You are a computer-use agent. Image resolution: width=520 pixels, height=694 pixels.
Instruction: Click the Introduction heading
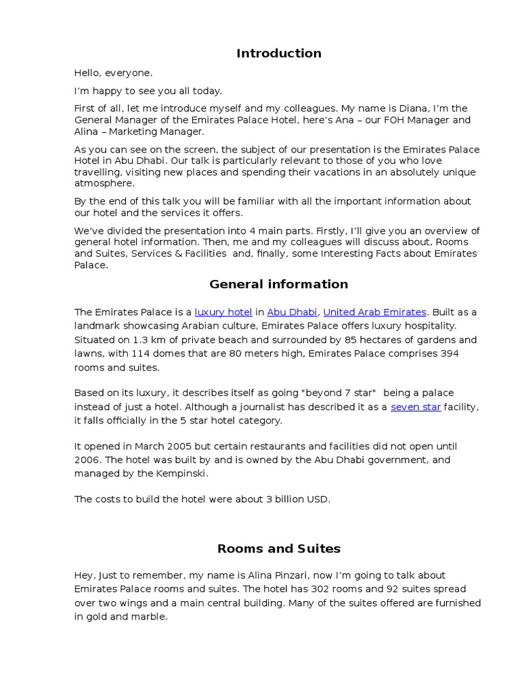tap(278, 54)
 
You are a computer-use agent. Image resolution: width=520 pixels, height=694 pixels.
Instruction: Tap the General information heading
tap(278, 284)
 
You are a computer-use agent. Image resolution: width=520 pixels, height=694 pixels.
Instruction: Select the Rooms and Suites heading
tap(278, 548)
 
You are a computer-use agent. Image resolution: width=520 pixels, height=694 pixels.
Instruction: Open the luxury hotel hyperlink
tap(223, 312)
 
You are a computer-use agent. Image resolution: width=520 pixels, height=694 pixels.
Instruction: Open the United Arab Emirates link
tap(374, 312)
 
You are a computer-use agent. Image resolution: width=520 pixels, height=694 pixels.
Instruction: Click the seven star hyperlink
tap(416, 407)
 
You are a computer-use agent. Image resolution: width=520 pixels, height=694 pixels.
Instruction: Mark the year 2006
tap(86, 460)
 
